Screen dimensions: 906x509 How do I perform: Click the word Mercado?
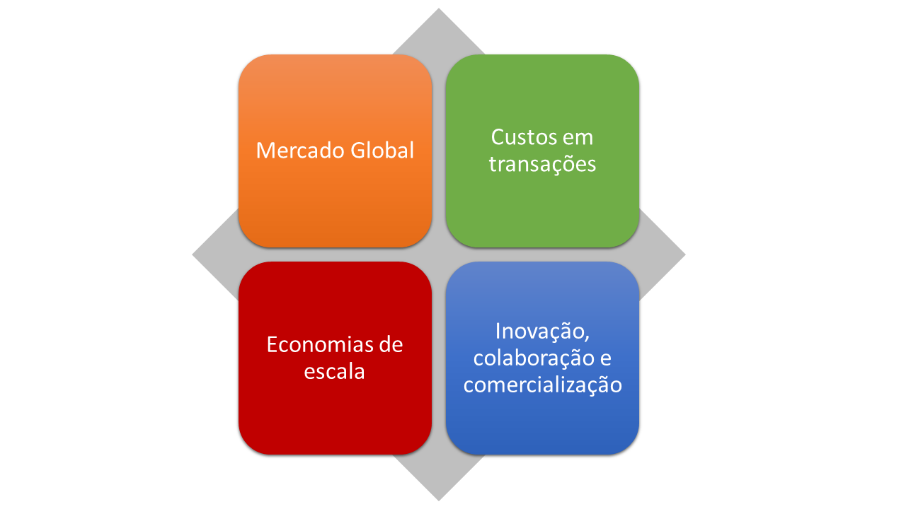[x=300, y=151]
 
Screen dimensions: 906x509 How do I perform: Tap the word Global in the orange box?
[x=382, y=150]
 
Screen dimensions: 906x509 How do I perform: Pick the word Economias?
[x=314, y=345]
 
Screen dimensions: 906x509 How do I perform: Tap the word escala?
[x=335, y=371]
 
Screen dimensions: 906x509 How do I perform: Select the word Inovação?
[x=542, y=332]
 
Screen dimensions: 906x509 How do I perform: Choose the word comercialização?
[x=543, y=386]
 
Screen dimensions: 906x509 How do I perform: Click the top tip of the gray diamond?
[x=439, y=8]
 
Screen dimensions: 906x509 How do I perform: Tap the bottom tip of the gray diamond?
[x=439, y=501]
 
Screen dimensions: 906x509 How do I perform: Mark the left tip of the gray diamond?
[x=193, y=255]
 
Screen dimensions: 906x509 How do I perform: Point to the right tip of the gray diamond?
[x=685, y=255]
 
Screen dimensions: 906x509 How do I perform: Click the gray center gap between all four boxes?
[x=439, y=255]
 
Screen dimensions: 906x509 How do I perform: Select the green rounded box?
[x=542, y=151]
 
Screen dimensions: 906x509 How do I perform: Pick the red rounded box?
[x=336, y=358]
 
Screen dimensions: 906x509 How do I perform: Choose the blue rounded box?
[x=542, y=358]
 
